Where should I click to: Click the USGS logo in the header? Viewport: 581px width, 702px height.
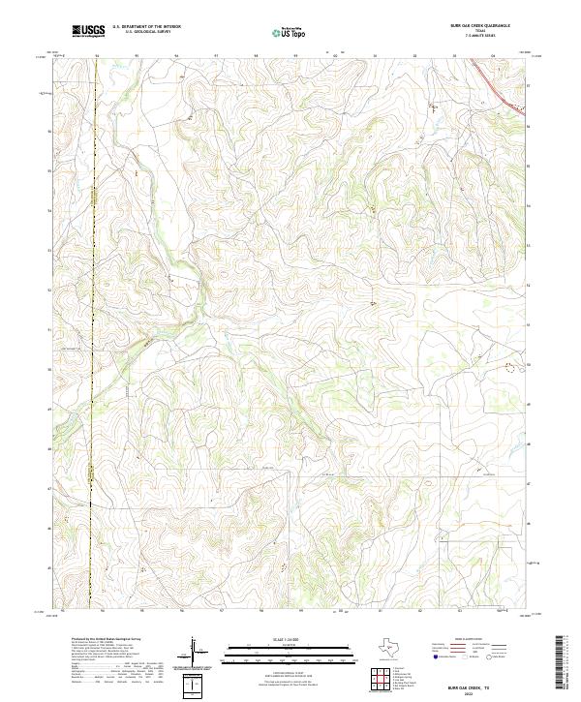coord(89,31)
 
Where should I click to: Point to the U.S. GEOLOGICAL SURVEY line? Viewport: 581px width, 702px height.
coord(140,32)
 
